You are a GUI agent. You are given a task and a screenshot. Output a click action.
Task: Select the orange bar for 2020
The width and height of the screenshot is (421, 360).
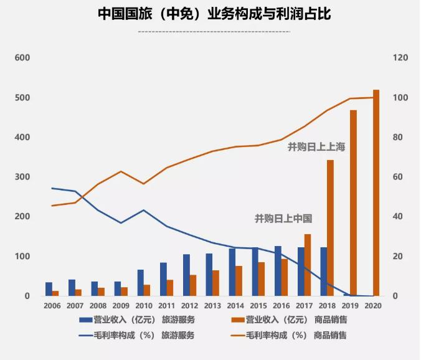[x=376, y=193]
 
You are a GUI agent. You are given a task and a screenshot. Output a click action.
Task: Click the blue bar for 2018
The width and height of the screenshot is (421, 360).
[x=323, y=272]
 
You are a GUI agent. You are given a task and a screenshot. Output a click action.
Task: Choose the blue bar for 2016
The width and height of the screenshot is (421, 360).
[x=278, y=271]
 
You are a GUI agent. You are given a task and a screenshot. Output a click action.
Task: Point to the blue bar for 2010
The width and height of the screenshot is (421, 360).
[x=141, y=283]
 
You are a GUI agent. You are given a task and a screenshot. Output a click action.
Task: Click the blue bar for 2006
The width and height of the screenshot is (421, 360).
[x=49, y=289]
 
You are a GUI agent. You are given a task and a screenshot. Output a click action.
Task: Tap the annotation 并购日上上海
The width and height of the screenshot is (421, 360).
[x=316, y=148]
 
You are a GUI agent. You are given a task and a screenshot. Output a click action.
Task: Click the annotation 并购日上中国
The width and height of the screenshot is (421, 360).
[x=283, y=219]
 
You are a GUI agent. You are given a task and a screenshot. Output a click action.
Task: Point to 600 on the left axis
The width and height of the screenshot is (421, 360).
[x=22, y=58]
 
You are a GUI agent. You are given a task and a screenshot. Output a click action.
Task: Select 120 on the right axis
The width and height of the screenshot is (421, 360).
[x=400, y=58]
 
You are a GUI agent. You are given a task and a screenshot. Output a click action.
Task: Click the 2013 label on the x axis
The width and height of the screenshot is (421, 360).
[x=212, y=306]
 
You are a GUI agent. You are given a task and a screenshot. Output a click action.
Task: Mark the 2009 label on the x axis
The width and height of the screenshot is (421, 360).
[x=121, y=306]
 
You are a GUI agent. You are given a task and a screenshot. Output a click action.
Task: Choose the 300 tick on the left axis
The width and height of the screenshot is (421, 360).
[x=22, y=178]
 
